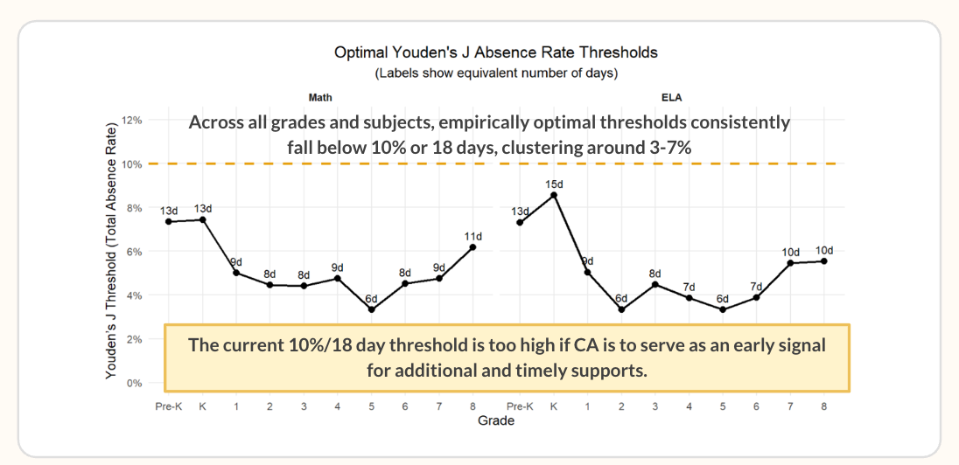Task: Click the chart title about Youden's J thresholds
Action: [x=496, y=52]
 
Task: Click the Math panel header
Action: [x=321, y=97]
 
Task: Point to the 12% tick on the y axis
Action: [x=132, y=121]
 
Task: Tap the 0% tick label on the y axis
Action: [x=135, y=383]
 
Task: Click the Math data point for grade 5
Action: [x=371, y=309]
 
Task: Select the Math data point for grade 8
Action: [x=472, y=246]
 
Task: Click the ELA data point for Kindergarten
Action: [x=554, y=195]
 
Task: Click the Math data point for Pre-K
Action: [x=168, y=221]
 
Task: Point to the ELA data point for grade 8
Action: [x=824, y=261]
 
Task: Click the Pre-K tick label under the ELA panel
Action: [x=520, y=406]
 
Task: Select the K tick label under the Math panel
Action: [x=202, y=406]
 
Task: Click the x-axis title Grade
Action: [x=496, y=420]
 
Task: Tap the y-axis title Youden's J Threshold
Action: [x=111, y=251]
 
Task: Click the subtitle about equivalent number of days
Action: [x=496, y=74]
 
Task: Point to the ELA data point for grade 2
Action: [x=621, y=309]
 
